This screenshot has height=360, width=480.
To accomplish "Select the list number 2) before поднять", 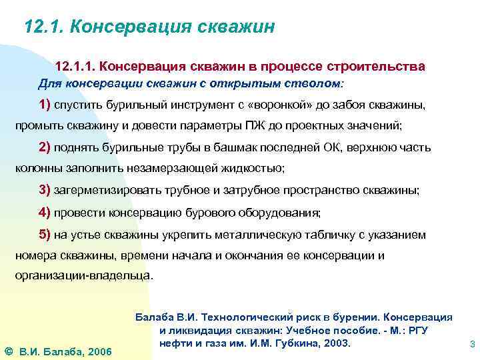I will point(45,147).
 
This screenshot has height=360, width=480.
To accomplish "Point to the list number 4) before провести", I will point(45,212).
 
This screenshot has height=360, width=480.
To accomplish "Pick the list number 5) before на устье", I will point(45,235).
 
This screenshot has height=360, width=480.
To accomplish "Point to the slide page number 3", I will point(472,345).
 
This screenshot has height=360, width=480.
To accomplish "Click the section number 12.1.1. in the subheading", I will point(75,67).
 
